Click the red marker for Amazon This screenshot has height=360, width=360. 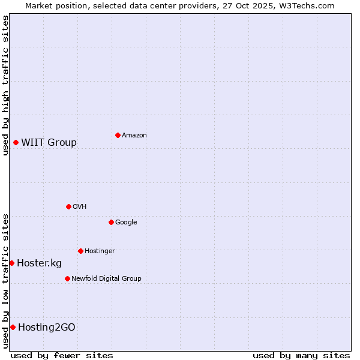coord(118,135)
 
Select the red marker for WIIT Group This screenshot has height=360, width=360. coord(16,142)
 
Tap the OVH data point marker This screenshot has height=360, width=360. coord(68,206)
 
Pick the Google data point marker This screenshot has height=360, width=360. coord(111,222)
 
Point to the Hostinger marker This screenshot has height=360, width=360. coord(80,251)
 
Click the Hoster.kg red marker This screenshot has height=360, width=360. coord(11,263)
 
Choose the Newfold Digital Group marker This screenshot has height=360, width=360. coord(67,278)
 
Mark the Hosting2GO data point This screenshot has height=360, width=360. coord(13,327)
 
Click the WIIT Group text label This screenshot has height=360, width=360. coord(49,142)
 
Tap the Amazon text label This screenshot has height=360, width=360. coord(134,135)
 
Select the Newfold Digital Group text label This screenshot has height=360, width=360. coord(106,278)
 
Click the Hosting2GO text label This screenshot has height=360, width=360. coord(47,327)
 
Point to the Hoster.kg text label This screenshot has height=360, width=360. coord(39,263)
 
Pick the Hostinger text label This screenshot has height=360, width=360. coord(100,251)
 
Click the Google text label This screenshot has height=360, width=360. coord(126,222)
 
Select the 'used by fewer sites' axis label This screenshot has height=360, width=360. coord(62,355)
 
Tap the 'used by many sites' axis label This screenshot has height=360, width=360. coord(301,355)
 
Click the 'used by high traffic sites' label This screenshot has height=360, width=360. coord(5,85)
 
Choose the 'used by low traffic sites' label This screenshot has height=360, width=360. coord(5,281)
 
